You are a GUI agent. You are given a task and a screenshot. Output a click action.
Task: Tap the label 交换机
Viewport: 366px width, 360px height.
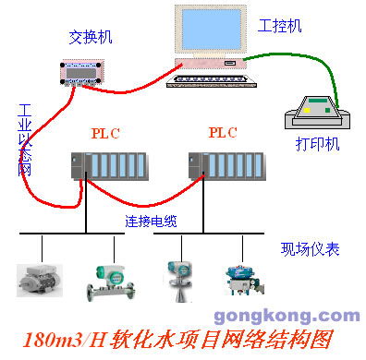coord(89,38)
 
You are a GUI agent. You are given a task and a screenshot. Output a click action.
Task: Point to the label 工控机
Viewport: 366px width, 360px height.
coord(280,26)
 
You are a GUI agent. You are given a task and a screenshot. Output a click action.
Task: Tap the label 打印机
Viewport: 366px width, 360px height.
coord(316,145)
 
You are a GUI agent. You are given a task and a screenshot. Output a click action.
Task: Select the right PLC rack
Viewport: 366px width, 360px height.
coord(226,167)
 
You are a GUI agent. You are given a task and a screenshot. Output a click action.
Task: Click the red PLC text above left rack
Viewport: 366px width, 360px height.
coord(105,133)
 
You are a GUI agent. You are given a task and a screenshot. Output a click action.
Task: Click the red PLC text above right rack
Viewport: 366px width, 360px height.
coord(223,133)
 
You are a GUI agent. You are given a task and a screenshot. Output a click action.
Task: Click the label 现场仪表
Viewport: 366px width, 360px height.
coord(311,248)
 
